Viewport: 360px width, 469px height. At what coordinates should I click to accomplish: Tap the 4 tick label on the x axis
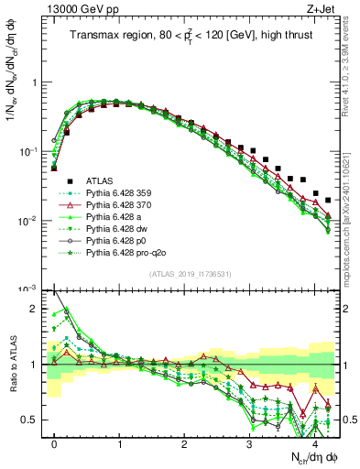pos(314,442)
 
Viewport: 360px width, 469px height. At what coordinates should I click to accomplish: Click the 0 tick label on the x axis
pos(55,442)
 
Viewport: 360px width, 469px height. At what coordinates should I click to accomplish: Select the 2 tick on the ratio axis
pos(37,310)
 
